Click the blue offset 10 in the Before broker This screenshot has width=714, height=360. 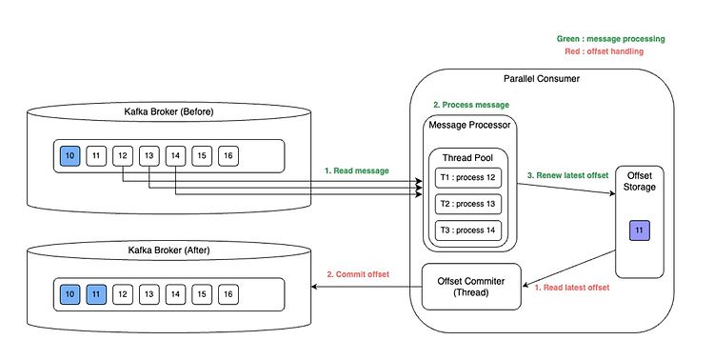69,155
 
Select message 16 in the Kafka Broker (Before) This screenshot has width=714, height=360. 228,155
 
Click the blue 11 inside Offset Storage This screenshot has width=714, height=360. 639,230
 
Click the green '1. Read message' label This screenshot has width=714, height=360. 356,170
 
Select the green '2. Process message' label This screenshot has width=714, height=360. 471,104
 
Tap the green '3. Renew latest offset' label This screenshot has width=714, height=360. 567,174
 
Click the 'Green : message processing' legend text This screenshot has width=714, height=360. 610,39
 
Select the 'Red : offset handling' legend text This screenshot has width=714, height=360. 610,52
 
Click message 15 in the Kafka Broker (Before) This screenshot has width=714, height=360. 201,155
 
